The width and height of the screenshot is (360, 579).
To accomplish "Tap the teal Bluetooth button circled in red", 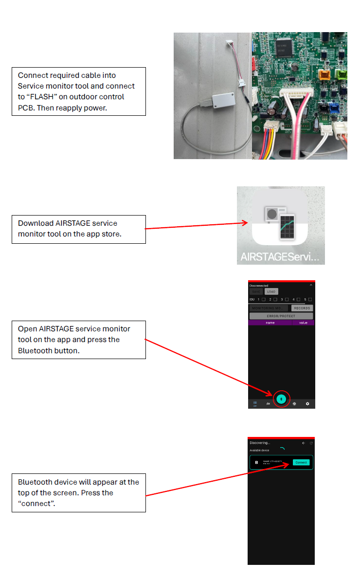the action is [281, 398].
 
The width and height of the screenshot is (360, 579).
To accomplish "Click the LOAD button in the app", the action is [271, 292].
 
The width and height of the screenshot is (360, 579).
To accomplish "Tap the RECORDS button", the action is [302, 308].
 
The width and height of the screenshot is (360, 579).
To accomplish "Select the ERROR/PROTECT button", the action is [281, 316].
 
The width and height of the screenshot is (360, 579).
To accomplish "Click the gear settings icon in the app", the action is [307, 404].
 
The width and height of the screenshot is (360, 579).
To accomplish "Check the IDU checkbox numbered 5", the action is [310, 299].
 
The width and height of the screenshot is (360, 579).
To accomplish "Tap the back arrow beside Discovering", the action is [304, 443].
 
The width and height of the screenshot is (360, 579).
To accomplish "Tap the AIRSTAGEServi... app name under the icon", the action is [280, 257].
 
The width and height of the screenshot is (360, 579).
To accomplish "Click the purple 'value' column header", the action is [306, 323].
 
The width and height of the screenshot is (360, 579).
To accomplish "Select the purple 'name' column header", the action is [270, 323].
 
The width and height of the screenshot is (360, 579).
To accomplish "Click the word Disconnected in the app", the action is [259, 286].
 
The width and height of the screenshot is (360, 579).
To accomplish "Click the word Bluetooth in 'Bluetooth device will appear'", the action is [36, 482].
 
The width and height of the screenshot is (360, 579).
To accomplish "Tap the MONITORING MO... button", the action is [269, 308].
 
